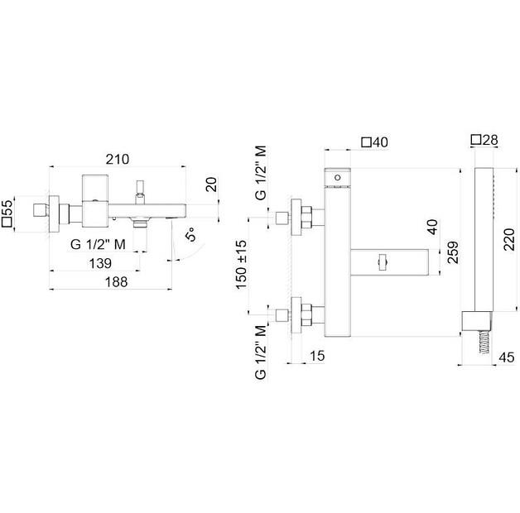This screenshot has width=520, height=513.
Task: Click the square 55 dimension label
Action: [8, 212]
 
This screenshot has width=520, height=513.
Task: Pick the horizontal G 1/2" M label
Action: [97, 243]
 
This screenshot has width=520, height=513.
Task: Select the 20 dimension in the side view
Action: [210, 184]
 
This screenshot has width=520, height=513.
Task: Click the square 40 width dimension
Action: [375, 142]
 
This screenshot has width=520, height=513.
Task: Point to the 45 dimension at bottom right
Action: [507, 357]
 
